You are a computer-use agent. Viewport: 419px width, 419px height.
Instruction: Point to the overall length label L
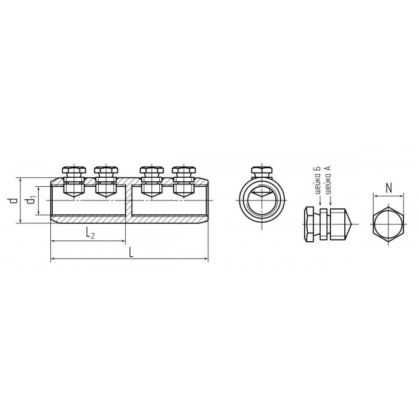[x=131, y=252]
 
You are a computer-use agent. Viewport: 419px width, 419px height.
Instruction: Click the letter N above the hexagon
[x=389, y=189]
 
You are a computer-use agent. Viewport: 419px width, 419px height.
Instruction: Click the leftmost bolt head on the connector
[x=74, y=170]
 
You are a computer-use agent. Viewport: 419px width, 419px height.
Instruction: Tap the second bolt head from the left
[x=106, y=170]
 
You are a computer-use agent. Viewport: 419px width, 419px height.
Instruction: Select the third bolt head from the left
[x=151, y=170]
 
